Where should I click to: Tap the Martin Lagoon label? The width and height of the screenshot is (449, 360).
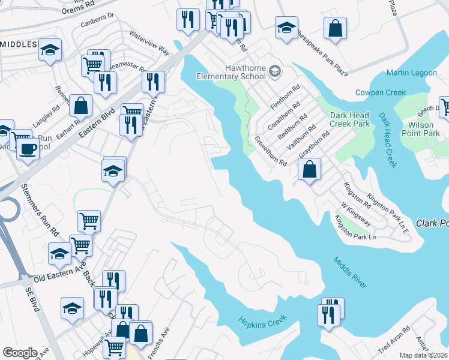point(412,73)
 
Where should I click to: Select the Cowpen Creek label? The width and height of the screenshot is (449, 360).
point(381,92)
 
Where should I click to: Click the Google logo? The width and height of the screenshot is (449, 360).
point(20,353)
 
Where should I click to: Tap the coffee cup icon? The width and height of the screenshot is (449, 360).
point(28,149)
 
